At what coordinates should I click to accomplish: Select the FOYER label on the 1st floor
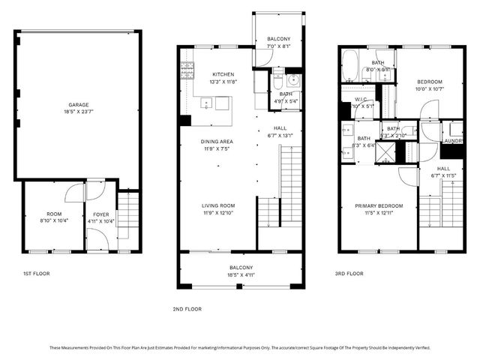pyautogui.click(x=101, y=213)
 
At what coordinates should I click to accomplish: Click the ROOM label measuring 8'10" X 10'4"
pyautogui.click(x=53, y=213)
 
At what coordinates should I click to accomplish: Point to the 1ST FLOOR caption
pyautogui.click(x=36, y=274)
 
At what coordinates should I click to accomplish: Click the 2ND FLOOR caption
pyautogui.click(x=187, y=308)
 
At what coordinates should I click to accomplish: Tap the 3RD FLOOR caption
pyautogui.click(x=349, y=274)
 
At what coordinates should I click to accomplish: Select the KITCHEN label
pyautogui.click(x=223, y=74)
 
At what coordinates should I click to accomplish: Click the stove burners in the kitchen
pyautogui.click(x=185, y=72)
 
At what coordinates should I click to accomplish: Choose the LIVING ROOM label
pyautogui.click(x=217, y=205)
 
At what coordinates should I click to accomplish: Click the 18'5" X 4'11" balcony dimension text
pyautogui.click(x=241, y=275)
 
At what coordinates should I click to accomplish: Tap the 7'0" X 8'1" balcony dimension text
pyautogui.click(x=278, y=46)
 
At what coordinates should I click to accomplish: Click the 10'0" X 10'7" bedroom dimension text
pyautogui.click(x=430, y=89)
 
